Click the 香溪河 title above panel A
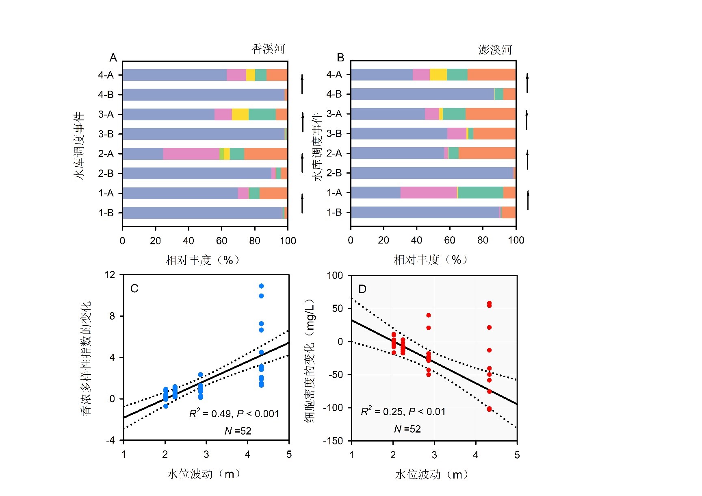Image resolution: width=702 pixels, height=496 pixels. (x=268, y=49)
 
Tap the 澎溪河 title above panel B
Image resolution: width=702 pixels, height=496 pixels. (x=495, y=50)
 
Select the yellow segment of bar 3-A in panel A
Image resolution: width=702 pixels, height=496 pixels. (x=240, y=114)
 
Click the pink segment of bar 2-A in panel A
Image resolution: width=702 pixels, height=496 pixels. (x=191, y=154)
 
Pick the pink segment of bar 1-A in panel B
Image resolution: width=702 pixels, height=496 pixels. (x=429, y=192)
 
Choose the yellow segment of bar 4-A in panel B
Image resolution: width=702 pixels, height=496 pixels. (x=438, y=74)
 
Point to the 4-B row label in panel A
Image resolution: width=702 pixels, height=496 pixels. (x=106, y=95)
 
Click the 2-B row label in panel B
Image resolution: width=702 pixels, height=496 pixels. (x=334, y=173)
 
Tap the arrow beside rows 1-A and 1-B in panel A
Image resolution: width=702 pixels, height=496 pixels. (x=302, y=203)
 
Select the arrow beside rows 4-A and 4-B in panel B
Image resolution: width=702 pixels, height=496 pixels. (x=527, y=83)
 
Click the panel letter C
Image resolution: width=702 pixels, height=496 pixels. (x=134, y=289)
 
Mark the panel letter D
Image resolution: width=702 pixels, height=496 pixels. (x=362, y=289)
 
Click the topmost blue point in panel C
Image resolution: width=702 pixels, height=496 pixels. (x=261, y=286)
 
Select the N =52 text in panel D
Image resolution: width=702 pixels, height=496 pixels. (x=407, y=429)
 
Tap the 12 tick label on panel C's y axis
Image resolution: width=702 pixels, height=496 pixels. (x=110, y=275)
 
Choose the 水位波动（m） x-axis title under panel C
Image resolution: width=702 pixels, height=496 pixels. (x=204, y=474)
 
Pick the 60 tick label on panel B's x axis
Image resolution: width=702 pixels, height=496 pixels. (x=449, y=240)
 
